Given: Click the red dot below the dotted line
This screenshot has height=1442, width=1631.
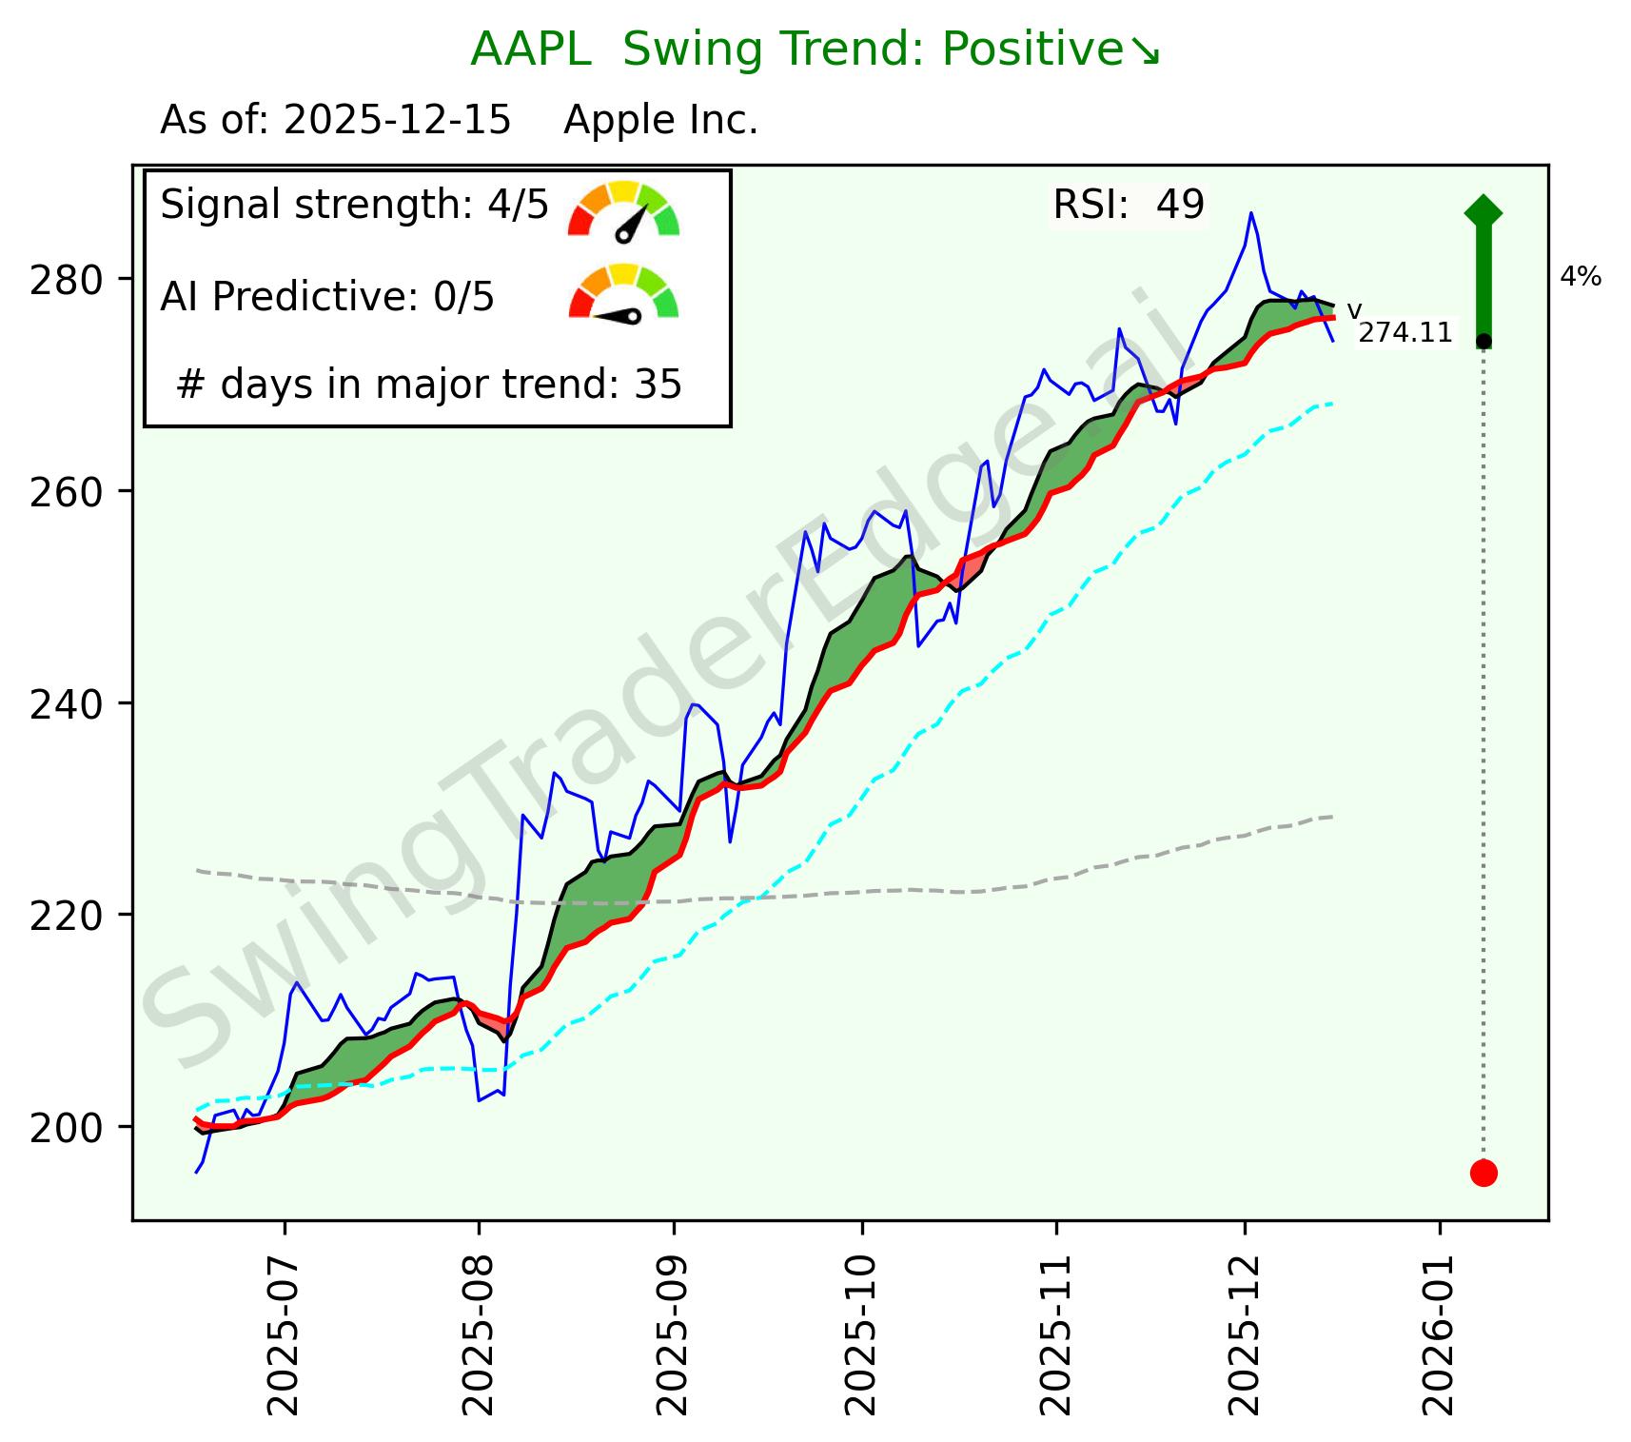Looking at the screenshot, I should click(1483, 1173).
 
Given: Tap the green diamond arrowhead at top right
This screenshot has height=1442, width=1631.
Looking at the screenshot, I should click(1483, 210).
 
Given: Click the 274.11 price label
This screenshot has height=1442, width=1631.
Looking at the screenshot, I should click(1405, 333).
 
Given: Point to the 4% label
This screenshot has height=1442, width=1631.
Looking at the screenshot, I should click(1580, 278).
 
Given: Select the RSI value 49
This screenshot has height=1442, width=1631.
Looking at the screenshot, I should click(1180, 205).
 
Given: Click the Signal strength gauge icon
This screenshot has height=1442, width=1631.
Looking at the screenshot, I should click(623, 209).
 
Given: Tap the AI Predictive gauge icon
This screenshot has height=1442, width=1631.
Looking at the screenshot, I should click(623, 293).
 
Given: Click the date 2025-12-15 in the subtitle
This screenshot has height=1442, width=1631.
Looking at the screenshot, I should click(397, 121).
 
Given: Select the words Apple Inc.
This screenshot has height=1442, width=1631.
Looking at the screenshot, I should click(660, 121).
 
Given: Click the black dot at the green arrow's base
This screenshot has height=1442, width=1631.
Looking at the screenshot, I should click(1483, 341).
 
